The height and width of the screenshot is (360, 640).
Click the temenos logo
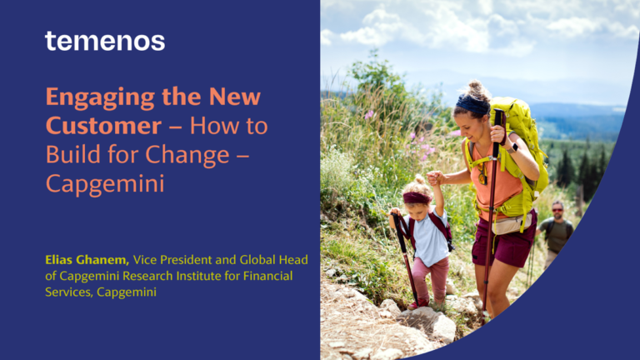tap(105, 41)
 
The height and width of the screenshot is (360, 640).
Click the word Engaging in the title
tap(100, 98)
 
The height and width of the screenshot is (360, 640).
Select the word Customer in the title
tap(103, 126)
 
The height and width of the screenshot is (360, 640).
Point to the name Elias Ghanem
tap(87, 260)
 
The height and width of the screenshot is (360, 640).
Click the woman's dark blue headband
tap(472, 104)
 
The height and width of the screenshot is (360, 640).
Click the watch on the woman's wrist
tap(512, 147)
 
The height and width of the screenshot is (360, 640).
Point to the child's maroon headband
tap(417, 198)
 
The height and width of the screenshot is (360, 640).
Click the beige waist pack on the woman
tap(512, 224)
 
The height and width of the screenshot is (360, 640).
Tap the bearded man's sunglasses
tap(557, 210)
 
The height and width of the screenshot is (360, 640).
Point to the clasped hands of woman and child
tap(435, 177)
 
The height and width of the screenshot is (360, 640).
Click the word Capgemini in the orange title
tap(105, 184)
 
